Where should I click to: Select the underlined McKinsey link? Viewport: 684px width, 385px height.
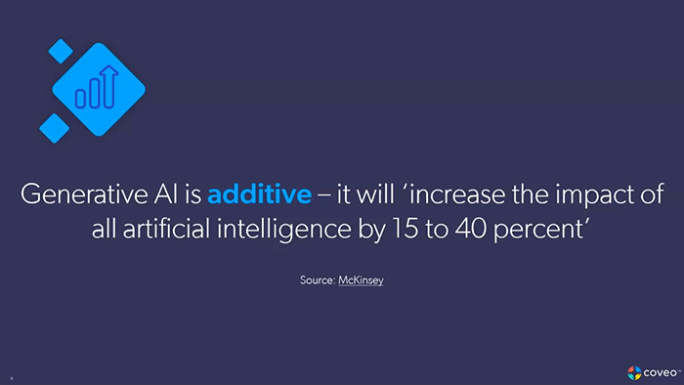point(361,281)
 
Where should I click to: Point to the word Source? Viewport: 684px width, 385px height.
point(317,281)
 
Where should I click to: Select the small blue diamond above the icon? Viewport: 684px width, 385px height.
point(61,50)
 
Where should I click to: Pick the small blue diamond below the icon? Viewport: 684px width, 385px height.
point(54,124)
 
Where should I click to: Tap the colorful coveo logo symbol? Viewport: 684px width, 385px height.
point(633,371)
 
